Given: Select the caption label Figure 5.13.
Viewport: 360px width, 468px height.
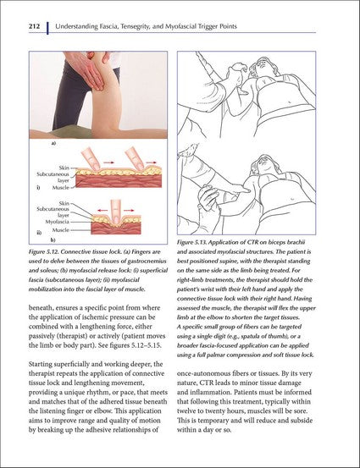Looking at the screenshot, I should (x=199, y=243).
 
